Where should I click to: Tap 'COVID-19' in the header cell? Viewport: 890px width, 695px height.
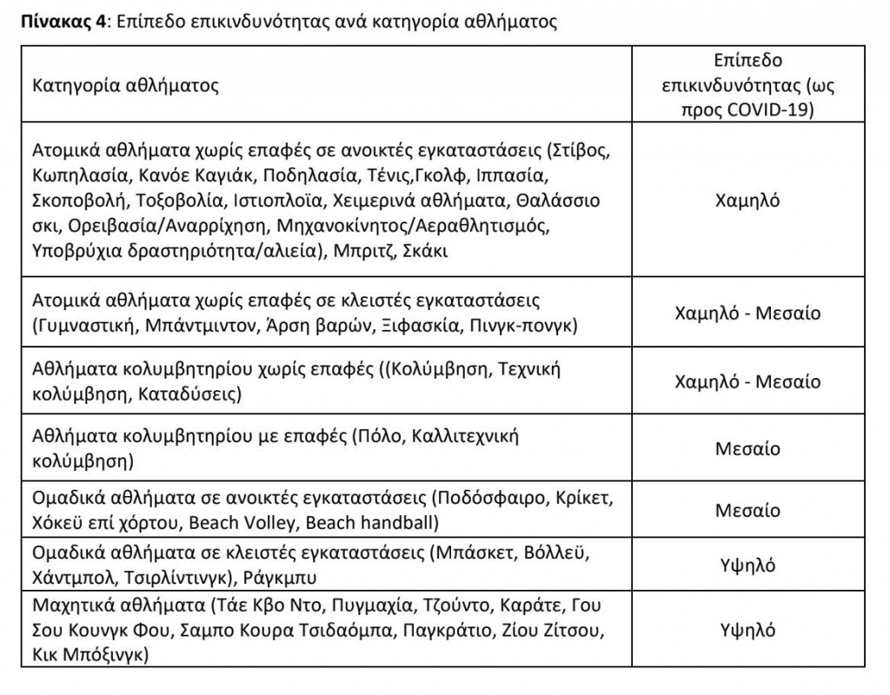click(772, 110)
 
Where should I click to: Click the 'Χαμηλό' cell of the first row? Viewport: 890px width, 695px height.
click(747, 201)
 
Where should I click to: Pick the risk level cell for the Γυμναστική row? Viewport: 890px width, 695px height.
click(747, 313)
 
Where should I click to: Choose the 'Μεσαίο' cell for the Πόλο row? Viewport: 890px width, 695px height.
click(747, 449)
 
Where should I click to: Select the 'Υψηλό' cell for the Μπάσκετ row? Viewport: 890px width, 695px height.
click(747, 566)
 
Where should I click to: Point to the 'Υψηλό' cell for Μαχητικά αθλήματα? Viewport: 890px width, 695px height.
click(747, 630)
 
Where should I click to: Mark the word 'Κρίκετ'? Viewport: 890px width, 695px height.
click(563, 500)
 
